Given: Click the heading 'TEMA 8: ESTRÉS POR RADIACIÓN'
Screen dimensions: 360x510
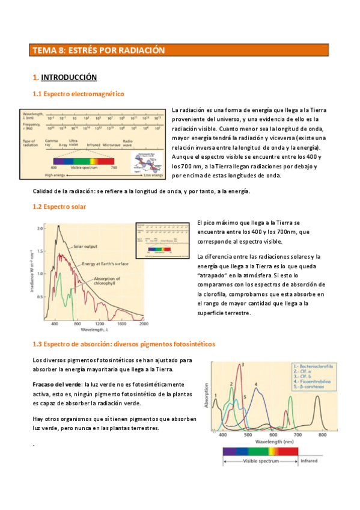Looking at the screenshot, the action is click(98, 51).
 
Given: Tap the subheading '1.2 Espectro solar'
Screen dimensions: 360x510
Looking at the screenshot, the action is click(59, 207).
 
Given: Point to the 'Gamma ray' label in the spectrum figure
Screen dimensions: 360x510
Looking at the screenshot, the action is click(52, 143).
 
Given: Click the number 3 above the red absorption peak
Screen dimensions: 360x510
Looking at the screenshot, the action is click(242, 364).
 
